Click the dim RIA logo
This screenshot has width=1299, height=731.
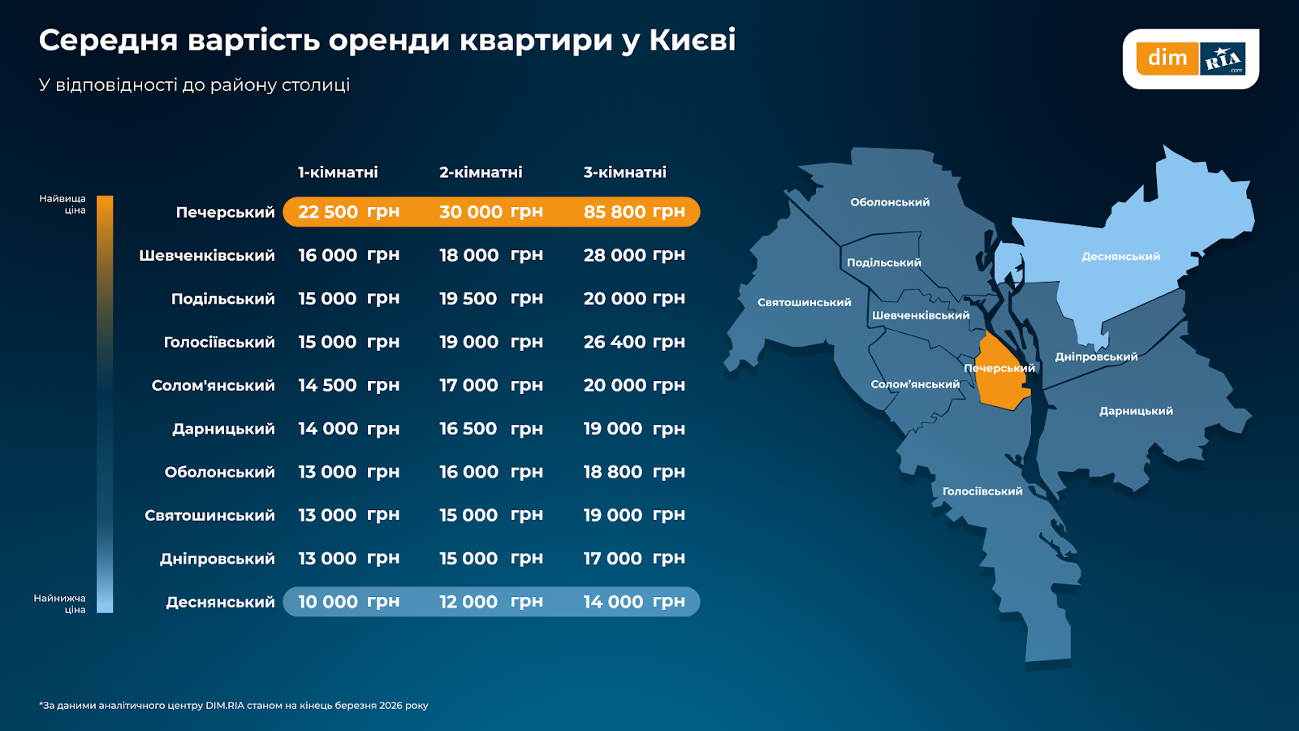click(1190, 58)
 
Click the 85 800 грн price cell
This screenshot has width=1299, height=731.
click(634, 212)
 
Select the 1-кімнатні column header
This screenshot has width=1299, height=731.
click(338, 172)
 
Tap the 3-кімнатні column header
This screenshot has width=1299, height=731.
click(624, 172)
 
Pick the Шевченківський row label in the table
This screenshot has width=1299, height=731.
click(206, 256)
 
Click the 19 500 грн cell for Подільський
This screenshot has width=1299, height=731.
click(490, 299)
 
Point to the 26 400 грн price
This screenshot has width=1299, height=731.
click(634, 342)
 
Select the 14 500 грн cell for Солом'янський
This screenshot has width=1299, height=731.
click(348, 385)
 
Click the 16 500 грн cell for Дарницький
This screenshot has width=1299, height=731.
click(490, 429)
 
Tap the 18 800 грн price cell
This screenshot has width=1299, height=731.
click(634, 472)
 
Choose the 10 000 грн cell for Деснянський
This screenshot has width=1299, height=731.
click(348, 602)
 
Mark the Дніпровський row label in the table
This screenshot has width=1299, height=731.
click(217, 559)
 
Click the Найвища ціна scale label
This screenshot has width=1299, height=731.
click(63, 204)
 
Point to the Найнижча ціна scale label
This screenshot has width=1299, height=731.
click(59, 603)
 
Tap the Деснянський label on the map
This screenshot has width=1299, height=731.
click(1120, 257)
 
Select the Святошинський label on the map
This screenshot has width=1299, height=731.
click(804, 302)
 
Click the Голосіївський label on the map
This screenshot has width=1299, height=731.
click(982, 491)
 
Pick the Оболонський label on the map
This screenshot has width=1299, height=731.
click(890, 202)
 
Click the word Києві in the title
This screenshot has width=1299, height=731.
click(692, 41)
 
